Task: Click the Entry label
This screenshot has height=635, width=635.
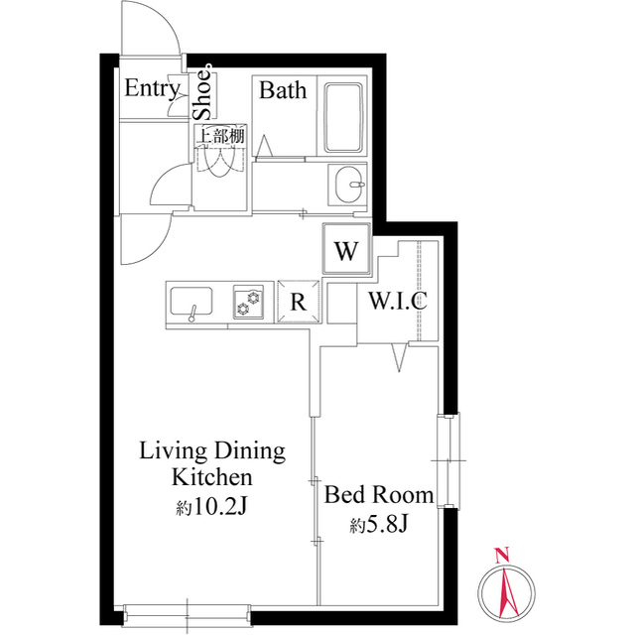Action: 152,88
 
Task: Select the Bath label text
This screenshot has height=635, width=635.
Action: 283,90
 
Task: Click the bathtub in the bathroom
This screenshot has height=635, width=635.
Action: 342,118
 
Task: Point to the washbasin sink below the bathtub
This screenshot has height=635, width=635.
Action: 347,184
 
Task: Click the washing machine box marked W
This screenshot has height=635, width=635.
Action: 346,249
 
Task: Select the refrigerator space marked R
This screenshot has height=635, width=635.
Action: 299,302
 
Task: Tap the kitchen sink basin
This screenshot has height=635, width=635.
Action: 191,302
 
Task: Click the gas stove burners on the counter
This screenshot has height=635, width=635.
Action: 248,303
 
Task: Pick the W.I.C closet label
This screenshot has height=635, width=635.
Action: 398,300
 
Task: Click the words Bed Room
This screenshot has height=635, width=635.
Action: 379,495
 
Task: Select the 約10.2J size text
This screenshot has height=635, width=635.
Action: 211,506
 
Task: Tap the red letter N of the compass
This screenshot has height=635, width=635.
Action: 502,555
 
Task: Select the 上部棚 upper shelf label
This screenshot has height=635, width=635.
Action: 220,136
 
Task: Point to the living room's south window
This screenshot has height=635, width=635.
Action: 188,615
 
